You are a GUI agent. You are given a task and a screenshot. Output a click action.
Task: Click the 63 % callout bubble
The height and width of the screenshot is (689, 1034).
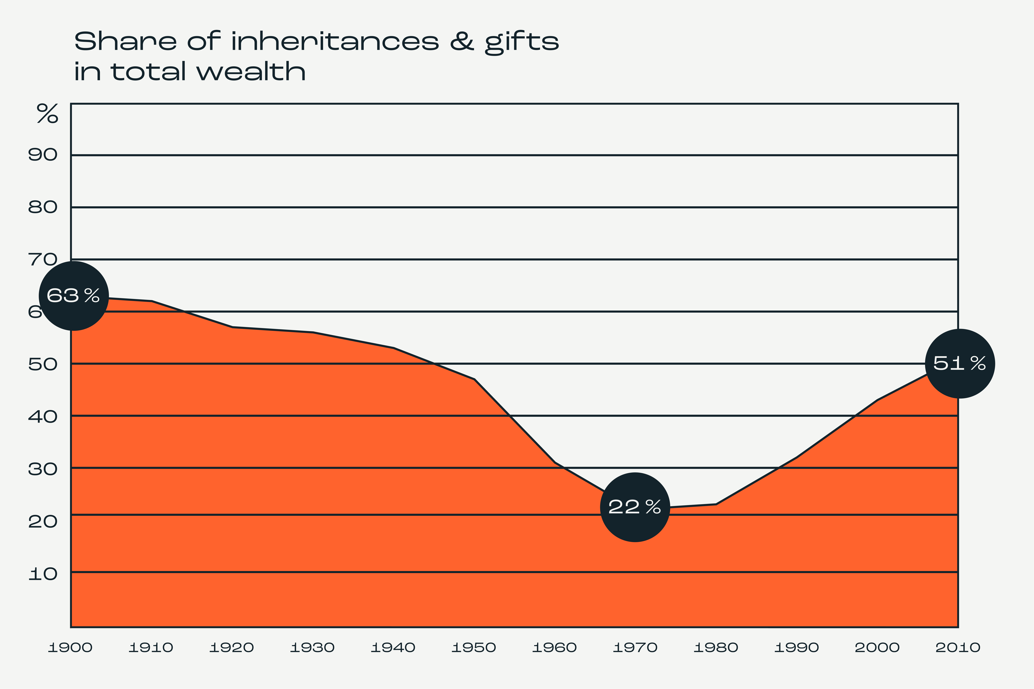pyautogui.click(x=74, y=296)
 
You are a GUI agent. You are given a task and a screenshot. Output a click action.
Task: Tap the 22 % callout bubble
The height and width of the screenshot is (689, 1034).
pyautogui.click(x=635, y=507)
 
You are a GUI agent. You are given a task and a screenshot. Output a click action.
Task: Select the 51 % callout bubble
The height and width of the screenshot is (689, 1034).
pyautogui.click(x=960, y=363)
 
